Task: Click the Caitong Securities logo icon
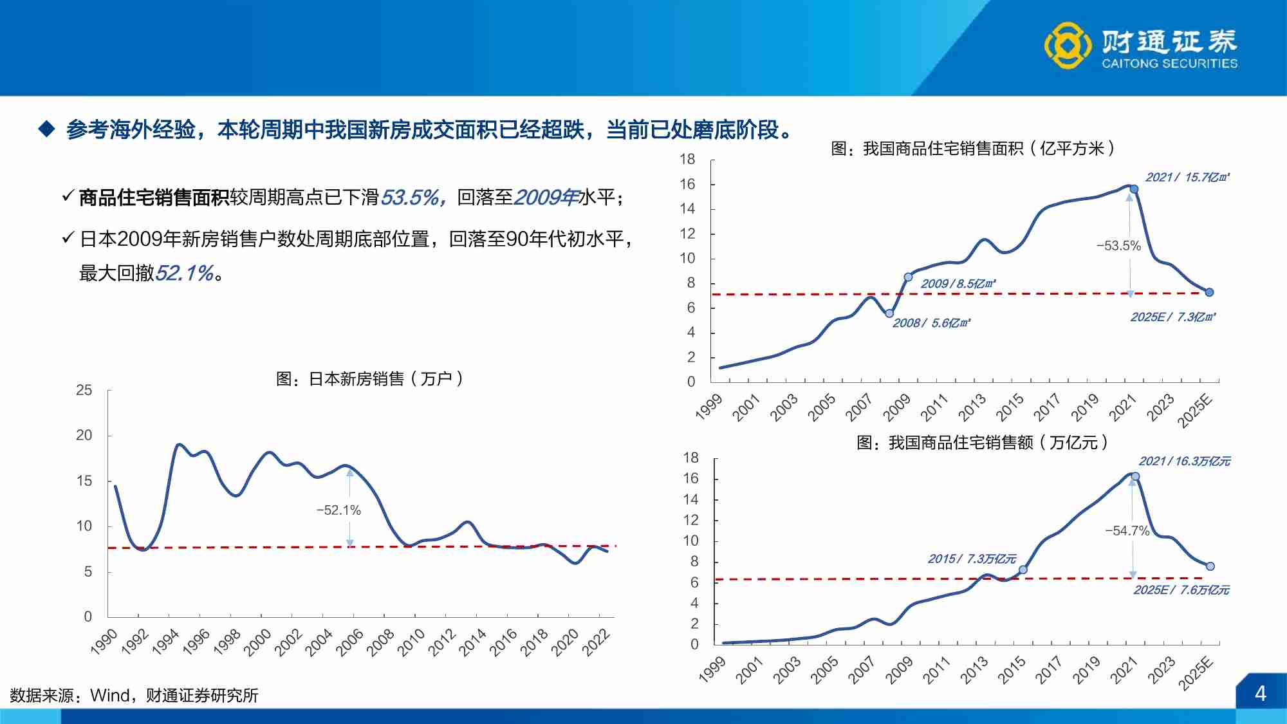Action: [x=1068, y=45]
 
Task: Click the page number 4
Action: [x=1260, y=694]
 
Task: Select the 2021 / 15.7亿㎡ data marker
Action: [x=1134, y=189]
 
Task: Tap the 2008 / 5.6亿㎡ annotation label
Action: [x=931, y=323]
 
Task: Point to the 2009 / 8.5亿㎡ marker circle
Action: [x=908, y=277]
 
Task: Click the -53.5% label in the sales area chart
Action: [x=1118, y=246]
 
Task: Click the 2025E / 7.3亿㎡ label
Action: [x=1172, y=317]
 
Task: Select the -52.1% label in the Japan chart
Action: [x=338, y=510]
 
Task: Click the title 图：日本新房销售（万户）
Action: [x=369, y=378]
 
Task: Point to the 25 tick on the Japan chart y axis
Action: [x=84, y=390]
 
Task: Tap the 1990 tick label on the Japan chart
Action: [x=104, y=642]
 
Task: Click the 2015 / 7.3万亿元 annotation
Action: [x=972, y=559]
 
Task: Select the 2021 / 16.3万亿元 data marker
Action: [x=1135, y=477]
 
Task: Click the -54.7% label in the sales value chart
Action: [x=1127, y=531]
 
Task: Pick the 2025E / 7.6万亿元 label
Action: [x=1181, y=590]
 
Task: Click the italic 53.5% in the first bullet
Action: [x=411, y=197]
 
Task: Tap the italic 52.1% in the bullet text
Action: [x=184, y=273]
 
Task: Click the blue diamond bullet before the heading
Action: [x=47, y=129]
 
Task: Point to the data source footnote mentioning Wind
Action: [x=134, y=695]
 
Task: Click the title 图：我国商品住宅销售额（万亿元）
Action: [x=982, y=443]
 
